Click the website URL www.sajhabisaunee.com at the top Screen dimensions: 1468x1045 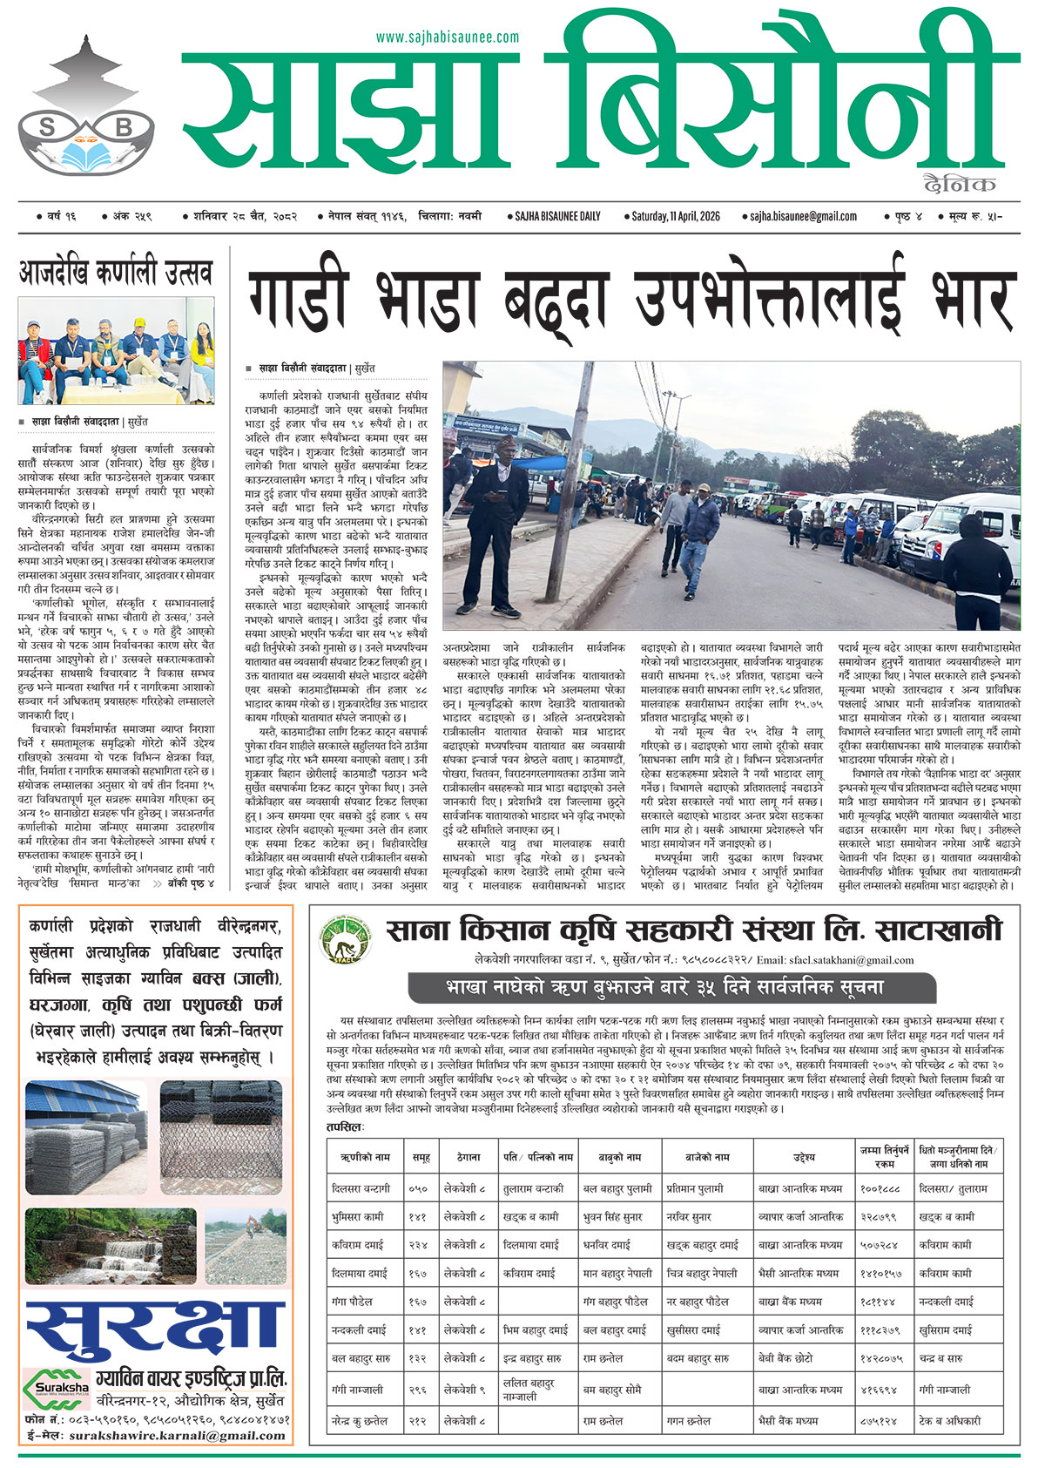(x=447, y=37)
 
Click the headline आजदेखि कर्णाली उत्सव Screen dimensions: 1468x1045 (x=116, y=274)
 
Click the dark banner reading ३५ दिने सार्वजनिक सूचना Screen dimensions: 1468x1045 (x=671, y=988)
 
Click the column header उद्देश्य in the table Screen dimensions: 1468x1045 (x=804, y=1158)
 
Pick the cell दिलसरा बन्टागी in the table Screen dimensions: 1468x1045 (x=361, y=1188)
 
